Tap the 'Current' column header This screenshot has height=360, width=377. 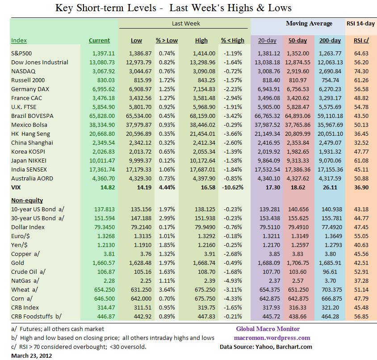pyautogui.click(x=99, y=40)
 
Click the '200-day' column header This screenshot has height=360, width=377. pyautogui.click(x=330, y=40)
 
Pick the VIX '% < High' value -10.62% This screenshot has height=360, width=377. pyautogui.click(x=233, y=187)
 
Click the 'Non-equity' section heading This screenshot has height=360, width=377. pyautogui.click(x=27, y=200)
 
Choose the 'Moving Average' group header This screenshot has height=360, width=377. pyautogui.click(x=309, y=24)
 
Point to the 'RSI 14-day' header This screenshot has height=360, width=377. pyautogui.click(x=360, y=24)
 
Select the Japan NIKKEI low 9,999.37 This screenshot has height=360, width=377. pyautogui.click(x=136, y=160)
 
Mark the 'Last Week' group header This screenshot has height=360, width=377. pyautogui.click(x=186, y=24)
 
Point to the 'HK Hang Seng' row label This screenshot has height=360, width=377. pyautogui.click(x=30, y=134)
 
